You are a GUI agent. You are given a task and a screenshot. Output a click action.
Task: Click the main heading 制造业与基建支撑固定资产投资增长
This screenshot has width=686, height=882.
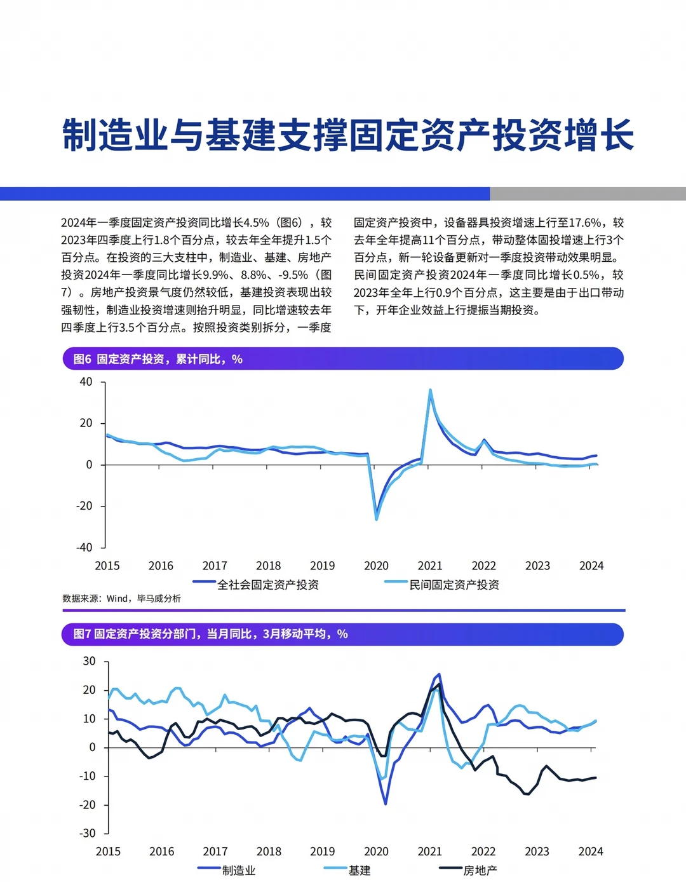347,135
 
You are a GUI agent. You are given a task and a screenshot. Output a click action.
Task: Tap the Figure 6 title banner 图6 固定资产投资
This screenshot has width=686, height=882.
158,359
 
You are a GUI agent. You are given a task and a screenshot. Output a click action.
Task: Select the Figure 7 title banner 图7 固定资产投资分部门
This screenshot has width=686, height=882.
210,634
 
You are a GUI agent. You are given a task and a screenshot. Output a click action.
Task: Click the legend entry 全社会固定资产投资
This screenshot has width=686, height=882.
267,585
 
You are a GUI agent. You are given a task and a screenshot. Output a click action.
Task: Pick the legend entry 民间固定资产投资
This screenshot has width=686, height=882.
454,585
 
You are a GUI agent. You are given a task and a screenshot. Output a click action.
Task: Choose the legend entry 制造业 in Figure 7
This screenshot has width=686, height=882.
238,870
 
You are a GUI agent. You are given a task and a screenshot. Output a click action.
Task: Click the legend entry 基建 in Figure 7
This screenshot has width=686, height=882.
359,870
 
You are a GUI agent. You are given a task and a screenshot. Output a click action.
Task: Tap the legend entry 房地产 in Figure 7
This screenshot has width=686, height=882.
480,870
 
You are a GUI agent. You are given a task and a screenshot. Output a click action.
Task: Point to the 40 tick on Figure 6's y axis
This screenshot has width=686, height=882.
86,382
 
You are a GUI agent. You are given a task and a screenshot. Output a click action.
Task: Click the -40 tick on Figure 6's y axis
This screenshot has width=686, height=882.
84,547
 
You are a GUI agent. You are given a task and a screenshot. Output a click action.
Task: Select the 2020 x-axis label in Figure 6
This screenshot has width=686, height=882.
376,566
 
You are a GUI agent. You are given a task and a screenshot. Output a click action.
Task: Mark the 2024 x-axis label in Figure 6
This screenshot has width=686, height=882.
591,566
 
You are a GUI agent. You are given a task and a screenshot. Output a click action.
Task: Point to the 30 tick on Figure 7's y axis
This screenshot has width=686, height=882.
89,661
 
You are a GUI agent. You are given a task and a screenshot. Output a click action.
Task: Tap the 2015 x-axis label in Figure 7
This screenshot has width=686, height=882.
108,851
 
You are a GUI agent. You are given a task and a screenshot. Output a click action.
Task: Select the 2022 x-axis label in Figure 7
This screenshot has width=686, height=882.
483,851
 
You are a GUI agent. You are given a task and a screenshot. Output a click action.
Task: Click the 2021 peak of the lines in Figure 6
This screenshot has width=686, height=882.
430,390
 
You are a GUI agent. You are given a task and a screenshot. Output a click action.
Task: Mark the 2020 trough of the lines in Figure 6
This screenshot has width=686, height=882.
377,519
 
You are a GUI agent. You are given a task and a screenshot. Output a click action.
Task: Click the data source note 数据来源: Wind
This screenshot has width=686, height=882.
121,599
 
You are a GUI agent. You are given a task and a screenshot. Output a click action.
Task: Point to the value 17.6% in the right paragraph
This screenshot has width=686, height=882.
584,223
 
